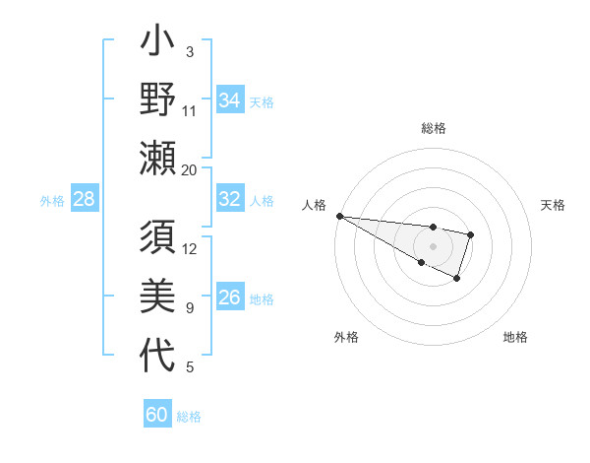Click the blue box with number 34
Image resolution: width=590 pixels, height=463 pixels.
[x=229, y=100]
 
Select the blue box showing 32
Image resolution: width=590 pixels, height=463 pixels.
[x=229, y=199]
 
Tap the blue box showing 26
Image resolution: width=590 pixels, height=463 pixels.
[x=229, y=298]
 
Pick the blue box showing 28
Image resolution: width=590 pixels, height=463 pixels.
[x=85, y=199]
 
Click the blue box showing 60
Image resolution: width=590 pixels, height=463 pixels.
[x=157, y=415]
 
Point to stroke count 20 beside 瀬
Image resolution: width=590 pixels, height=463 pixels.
[x=190, y=170]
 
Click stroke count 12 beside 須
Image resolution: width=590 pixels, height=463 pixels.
[x=190, y=249]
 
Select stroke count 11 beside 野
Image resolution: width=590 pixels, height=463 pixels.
[x=190, y=110]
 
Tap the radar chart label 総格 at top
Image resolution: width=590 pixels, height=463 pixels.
[x=433, y=128]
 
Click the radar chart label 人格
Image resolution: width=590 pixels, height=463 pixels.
[x=315, y=204]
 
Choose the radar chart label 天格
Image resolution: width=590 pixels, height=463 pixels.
[x=553, y=204]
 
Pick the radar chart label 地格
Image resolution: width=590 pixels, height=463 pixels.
[x=515, y=337]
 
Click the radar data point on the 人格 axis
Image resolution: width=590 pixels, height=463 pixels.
[x=338, y=216]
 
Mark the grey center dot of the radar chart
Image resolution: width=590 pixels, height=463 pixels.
[x=433, y=246]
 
